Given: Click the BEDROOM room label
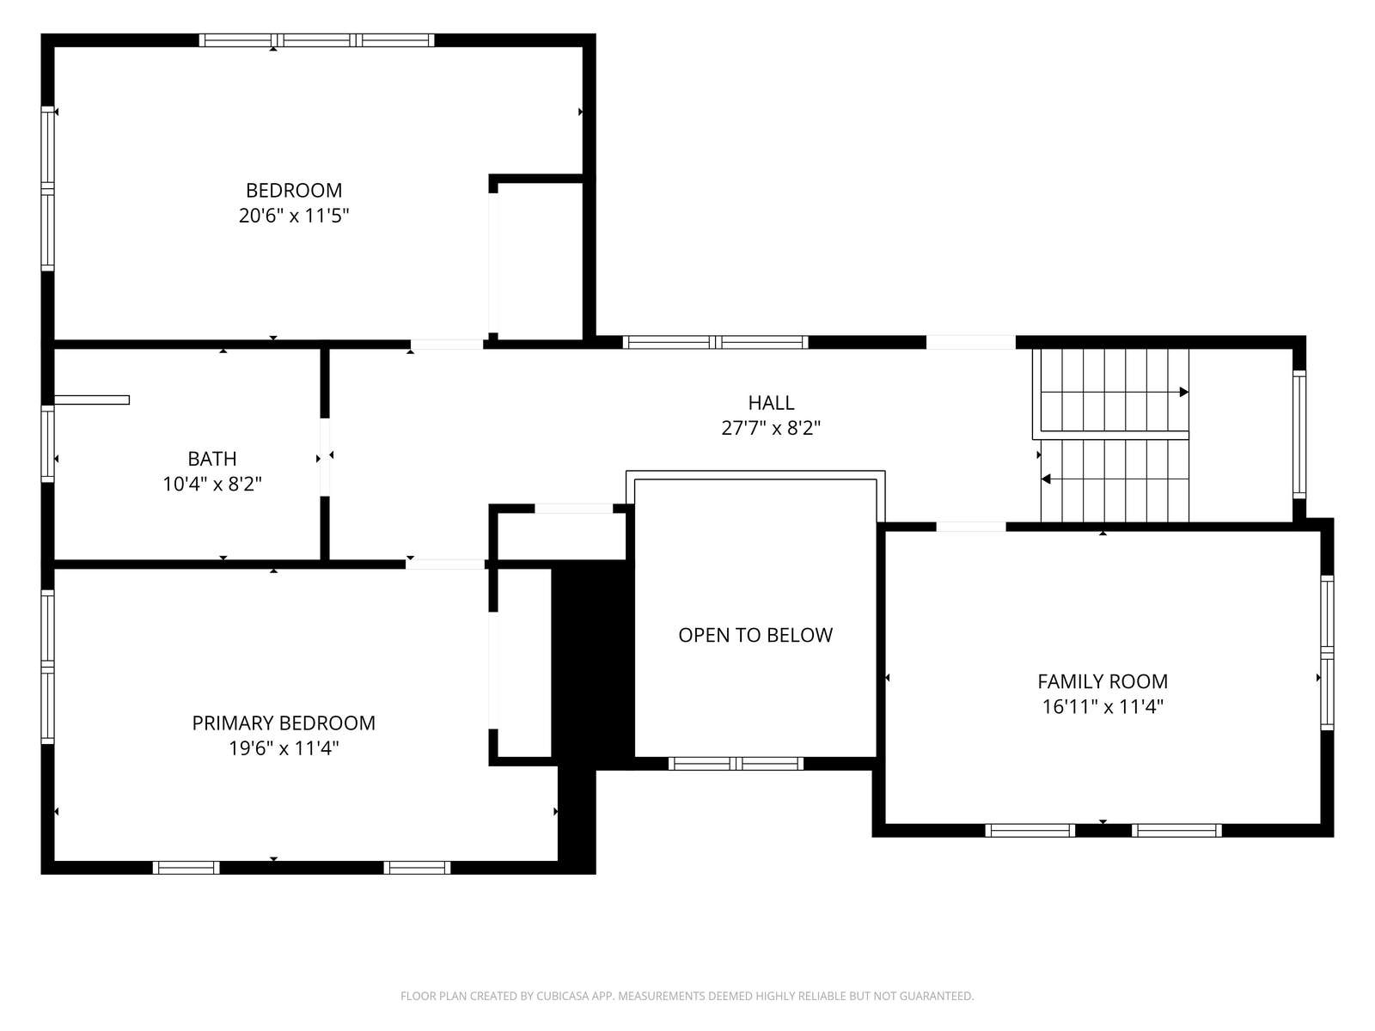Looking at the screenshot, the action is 294,190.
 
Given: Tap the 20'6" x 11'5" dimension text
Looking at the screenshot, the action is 294,216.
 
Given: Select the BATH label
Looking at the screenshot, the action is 212,458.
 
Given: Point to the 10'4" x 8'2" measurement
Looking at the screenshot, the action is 212,484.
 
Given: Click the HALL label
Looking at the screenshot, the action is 771,402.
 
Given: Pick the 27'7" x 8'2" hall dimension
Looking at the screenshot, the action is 771,428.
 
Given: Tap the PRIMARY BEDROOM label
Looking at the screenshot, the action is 284,723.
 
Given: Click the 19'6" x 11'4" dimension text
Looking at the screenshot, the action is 284,748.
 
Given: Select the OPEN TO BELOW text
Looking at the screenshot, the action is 755,635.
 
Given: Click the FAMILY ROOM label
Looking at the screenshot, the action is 1103,680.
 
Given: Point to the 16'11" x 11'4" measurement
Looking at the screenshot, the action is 1103,706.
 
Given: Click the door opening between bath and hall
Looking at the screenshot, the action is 325,457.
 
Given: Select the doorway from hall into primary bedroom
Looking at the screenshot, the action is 445,564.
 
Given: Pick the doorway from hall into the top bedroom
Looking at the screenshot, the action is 447,344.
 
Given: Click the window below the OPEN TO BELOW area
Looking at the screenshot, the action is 736,763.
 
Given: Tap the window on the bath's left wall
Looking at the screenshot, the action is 47,444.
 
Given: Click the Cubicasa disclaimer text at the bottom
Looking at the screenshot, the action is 687,996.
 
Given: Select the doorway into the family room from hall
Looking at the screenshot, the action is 971,527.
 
